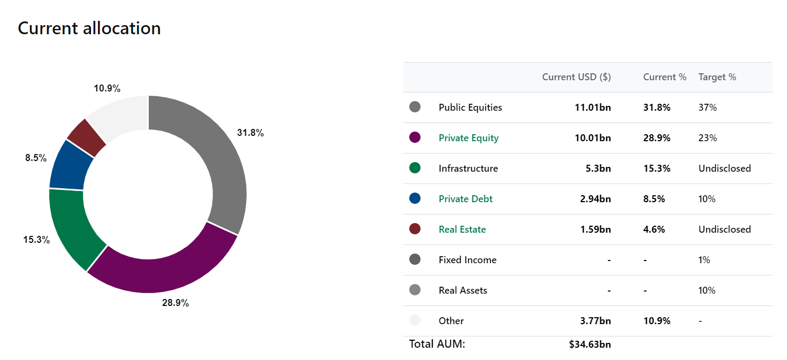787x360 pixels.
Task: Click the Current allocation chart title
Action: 89,28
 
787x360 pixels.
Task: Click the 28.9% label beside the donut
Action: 175,303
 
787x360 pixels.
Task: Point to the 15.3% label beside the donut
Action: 36,240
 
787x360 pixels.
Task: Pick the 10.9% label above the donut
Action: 107,88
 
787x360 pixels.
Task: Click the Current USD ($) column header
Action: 576,77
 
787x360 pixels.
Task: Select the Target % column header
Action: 717,77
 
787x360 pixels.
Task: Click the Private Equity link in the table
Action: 468,138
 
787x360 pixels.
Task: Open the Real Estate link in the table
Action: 462,229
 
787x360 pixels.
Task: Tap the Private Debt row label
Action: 465,199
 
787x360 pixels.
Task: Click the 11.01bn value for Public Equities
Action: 593,108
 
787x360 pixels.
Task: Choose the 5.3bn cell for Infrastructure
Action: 598,168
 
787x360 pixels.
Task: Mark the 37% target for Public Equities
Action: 707,108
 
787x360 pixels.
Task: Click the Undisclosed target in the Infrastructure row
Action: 724,168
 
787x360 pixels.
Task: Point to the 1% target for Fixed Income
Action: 704,260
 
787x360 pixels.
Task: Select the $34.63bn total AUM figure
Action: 590,344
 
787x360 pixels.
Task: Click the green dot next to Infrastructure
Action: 415,168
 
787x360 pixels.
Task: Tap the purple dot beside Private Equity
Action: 415,137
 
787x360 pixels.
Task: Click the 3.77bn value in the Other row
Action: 595,321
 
